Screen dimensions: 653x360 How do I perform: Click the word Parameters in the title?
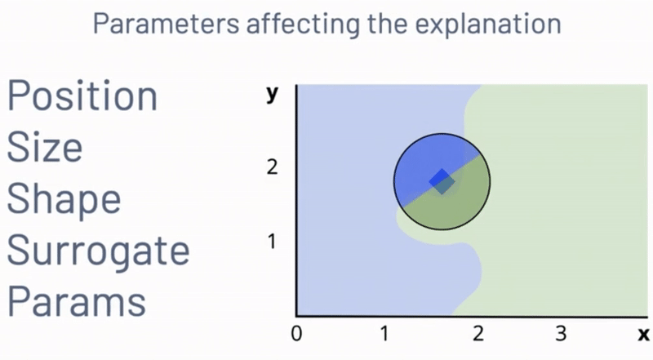click(166, 24)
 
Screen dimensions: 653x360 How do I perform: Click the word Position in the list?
click(82, 96)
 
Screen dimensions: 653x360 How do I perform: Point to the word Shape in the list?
click(64, 200)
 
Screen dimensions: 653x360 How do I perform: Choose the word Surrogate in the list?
click(98, 251)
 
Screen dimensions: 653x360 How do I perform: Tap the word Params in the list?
click(77, 301)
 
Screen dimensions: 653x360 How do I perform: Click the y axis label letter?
click(272, 94)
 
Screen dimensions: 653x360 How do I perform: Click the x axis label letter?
click(643, 334)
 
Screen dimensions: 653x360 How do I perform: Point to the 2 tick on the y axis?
click(272, 167)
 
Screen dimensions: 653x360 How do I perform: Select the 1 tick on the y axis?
click(272, 242)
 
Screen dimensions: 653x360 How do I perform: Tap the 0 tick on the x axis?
click(296, 334)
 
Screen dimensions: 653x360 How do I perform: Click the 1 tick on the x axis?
click(384, 334)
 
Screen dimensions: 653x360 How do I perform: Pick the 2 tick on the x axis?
click(478, 334)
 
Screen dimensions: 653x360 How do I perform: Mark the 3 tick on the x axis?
click(561, 334)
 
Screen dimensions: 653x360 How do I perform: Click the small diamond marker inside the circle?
click(442, 181)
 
